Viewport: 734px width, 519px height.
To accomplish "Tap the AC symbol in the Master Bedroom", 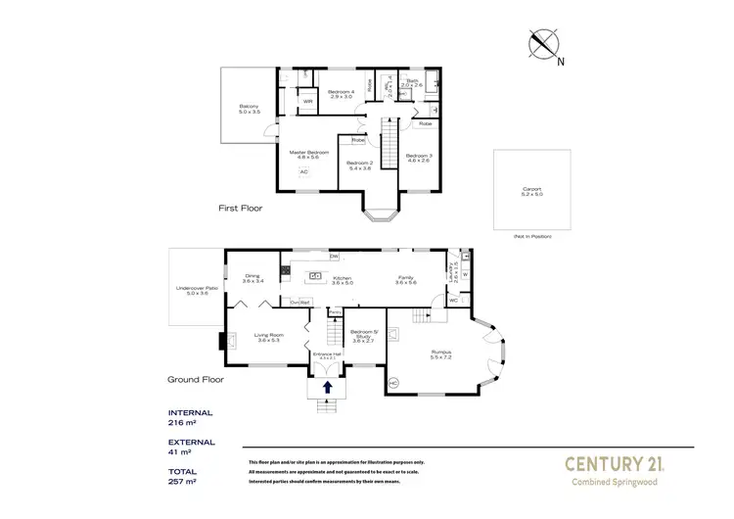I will tap(303, 171).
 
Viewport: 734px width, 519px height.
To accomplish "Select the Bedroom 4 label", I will tap(341, 93).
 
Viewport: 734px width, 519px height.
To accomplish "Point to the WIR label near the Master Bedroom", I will tap(307, 100).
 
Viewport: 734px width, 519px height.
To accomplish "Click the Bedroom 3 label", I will tap(420, 156).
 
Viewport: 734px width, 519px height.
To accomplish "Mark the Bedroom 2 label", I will tap(359, 164).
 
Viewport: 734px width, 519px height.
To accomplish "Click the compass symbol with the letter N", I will tap(544, 46).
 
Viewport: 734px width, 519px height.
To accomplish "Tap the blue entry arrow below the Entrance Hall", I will tap(328, 388).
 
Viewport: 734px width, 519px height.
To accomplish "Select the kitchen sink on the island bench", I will tap(316, 275).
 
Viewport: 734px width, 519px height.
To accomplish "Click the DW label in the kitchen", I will tap(334, 256).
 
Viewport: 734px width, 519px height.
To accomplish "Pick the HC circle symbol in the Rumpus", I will tap(394, 381).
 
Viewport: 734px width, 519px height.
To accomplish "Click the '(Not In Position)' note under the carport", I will tap(532, 237).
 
